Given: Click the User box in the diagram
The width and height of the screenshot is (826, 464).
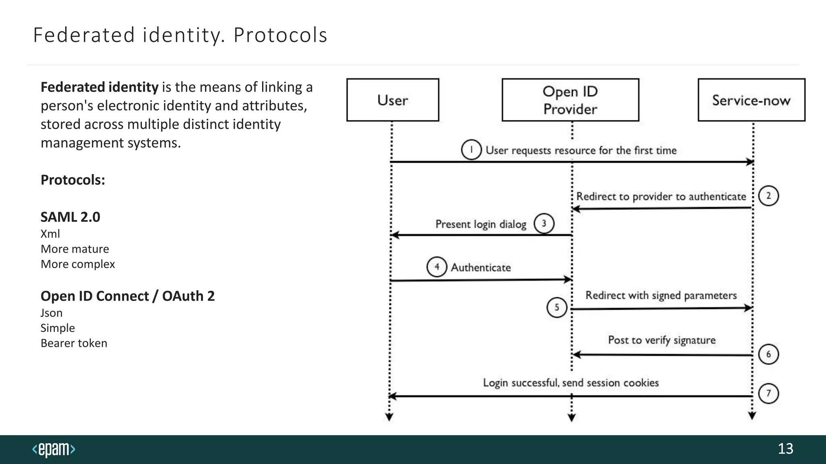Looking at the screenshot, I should [392, 100].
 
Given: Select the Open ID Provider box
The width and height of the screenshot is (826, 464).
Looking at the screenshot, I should [570, 100].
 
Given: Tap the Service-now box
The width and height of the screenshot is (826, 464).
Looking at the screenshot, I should [751, 100].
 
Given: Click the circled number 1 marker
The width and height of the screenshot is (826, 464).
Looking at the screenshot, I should [471, 150].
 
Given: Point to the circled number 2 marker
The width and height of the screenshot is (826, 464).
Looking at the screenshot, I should [768, 196].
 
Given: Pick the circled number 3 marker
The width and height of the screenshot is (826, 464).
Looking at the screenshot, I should [544, 224].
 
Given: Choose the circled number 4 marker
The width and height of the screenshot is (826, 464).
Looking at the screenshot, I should [437, 267].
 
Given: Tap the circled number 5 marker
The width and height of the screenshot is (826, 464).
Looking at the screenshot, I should [557, 307].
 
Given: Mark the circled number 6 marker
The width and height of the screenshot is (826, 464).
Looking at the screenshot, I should [768, 354].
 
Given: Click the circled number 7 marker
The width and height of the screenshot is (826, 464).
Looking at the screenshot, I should [768, 393].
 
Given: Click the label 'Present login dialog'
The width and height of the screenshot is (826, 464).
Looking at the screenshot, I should [481, 224].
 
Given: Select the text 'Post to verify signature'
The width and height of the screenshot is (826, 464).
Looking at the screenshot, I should [661, 340].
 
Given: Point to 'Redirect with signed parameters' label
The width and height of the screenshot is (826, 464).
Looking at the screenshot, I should [661, 296].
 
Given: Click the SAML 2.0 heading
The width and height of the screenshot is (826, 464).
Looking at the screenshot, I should [70, 217].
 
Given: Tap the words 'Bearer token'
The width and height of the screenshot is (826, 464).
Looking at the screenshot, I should [74, 343].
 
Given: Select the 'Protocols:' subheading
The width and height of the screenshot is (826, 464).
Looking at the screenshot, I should [73, 180].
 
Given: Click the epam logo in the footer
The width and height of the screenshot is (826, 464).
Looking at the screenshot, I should [54, 449].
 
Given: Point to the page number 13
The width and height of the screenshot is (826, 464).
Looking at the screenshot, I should [785, 449].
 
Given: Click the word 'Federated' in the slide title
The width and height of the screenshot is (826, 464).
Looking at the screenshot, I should [83, 35].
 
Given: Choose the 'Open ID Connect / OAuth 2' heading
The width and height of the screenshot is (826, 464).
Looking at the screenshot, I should [127, 296].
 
